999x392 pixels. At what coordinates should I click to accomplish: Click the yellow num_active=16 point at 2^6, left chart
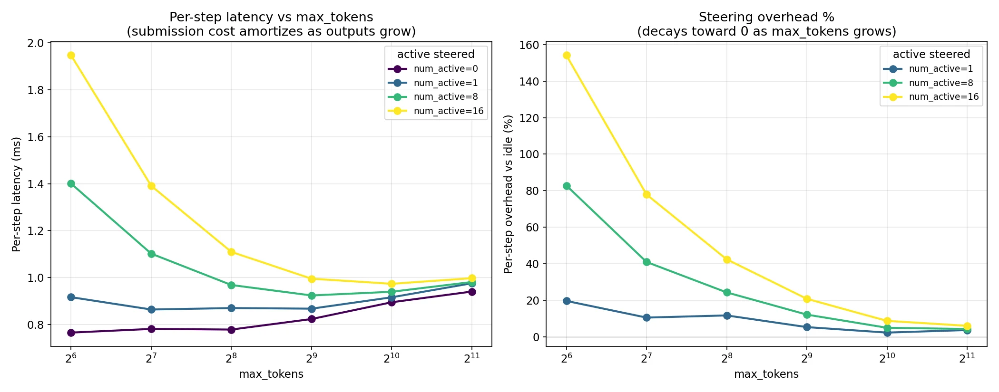coord(71,56)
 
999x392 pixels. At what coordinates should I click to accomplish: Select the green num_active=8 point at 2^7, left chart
coord(151,254)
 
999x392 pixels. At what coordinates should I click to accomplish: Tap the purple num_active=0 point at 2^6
coord(71,333)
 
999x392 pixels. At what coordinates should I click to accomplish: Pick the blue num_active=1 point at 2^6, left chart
coord(71,297)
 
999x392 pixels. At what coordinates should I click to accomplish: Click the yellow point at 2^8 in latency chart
coord(231,252)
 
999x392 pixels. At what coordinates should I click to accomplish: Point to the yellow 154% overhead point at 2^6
coord(567,56)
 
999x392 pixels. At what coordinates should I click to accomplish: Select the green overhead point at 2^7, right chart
coord(646,262)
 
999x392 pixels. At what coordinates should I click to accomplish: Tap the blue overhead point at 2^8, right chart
coord(727,316)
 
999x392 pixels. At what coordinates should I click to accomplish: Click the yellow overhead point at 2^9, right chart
coord(807,299)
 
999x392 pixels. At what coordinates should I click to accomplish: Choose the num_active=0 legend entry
coord(445,69)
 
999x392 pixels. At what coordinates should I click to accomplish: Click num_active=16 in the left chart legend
coord(448,111)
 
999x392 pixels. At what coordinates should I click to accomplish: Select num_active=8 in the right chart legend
coord(940,83)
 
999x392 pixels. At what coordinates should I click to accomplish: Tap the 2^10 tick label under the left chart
coord(392,358)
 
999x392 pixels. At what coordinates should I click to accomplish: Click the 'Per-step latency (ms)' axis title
coord(17,194)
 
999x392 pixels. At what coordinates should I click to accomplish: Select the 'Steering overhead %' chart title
coord(766,18)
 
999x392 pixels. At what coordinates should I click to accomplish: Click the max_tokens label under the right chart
coord(766,374)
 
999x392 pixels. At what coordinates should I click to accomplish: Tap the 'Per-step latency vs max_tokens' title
coord(271,18)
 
